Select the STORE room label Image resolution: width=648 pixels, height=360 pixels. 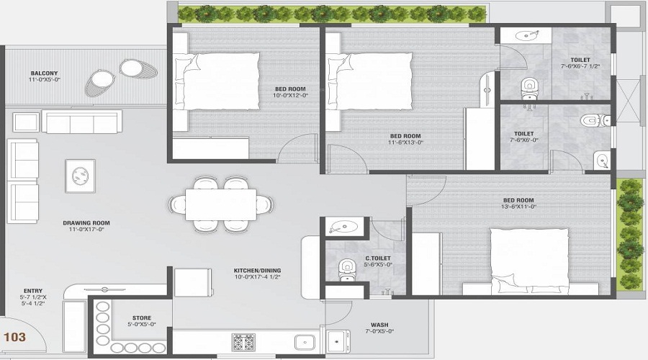pyautogui.click(x=141, y=318)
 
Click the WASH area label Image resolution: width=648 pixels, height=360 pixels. pyautogui.click(x=379, y=325)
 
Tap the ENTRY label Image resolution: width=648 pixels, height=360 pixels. pyautogui.click(x=32, y=291)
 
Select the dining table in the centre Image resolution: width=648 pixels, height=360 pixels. pyautogui.click(x=220, y=204)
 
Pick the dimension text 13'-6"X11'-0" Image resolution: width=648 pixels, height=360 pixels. pyautogui.click(x=518, y=207)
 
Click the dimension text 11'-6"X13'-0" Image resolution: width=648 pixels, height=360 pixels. pyautogui.click(x=406, y=143)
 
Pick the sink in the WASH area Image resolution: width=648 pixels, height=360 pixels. pyautogui.click(x=337, y=340)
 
